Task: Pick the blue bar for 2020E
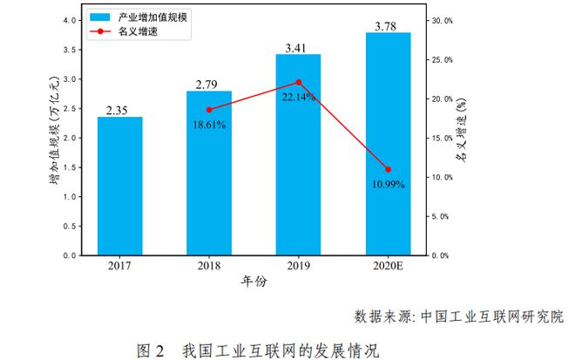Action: pos(388,144)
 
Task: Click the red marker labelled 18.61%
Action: pos(209,110)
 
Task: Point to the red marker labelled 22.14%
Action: pos(298,82)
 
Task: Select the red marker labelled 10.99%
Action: pos(388,169)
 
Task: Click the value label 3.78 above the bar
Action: pos(388,26)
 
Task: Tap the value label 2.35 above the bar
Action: pos(119,110)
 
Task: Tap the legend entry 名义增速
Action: pos(139,31)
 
